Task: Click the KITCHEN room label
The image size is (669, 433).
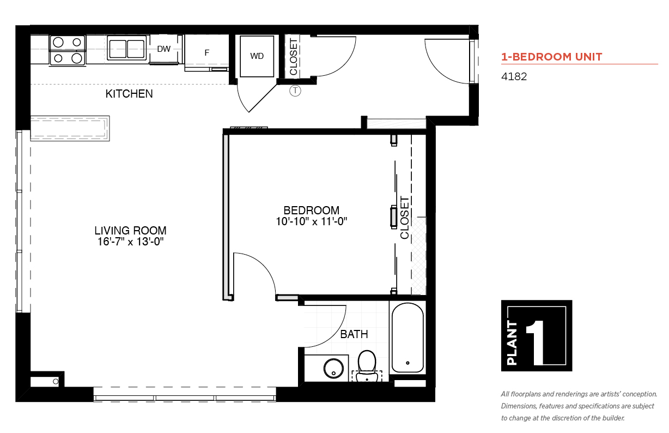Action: (129, 94)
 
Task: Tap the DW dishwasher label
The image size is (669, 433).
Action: (163, 49)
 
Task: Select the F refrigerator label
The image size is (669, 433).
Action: (206, 53)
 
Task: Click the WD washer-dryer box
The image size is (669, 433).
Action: (257, 56)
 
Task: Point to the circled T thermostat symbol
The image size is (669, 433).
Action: (295, 91)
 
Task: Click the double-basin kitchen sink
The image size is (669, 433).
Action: (127, 48)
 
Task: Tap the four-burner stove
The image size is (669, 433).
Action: (68, 50)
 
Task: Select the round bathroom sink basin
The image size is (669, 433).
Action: (333, 369)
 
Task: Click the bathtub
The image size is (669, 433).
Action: (408, 338)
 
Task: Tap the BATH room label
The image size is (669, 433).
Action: (354, 334)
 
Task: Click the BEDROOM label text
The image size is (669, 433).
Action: (311, 211)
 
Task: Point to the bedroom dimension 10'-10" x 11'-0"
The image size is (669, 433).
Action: (311, 221)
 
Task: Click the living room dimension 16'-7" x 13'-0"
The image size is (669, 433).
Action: (131, 242)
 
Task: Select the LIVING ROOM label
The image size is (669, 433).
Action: (131, 231)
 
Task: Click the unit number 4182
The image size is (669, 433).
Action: (514, 77)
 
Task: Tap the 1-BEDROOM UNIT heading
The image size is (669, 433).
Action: (552, 57)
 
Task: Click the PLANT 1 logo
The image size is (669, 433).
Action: (537, 335)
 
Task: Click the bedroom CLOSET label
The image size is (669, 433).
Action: (404, 218)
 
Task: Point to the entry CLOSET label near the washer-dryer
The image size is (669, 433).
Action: (294, 57)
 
